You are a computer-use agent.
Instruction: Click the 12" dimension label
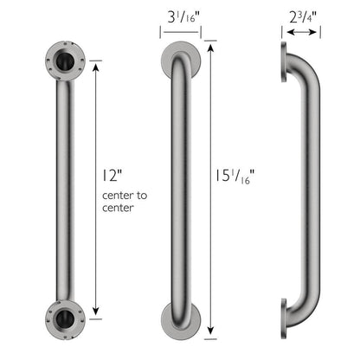(x=111, y=175)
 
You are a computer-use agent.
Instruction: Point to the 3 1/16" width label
(x=182, y=16)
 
